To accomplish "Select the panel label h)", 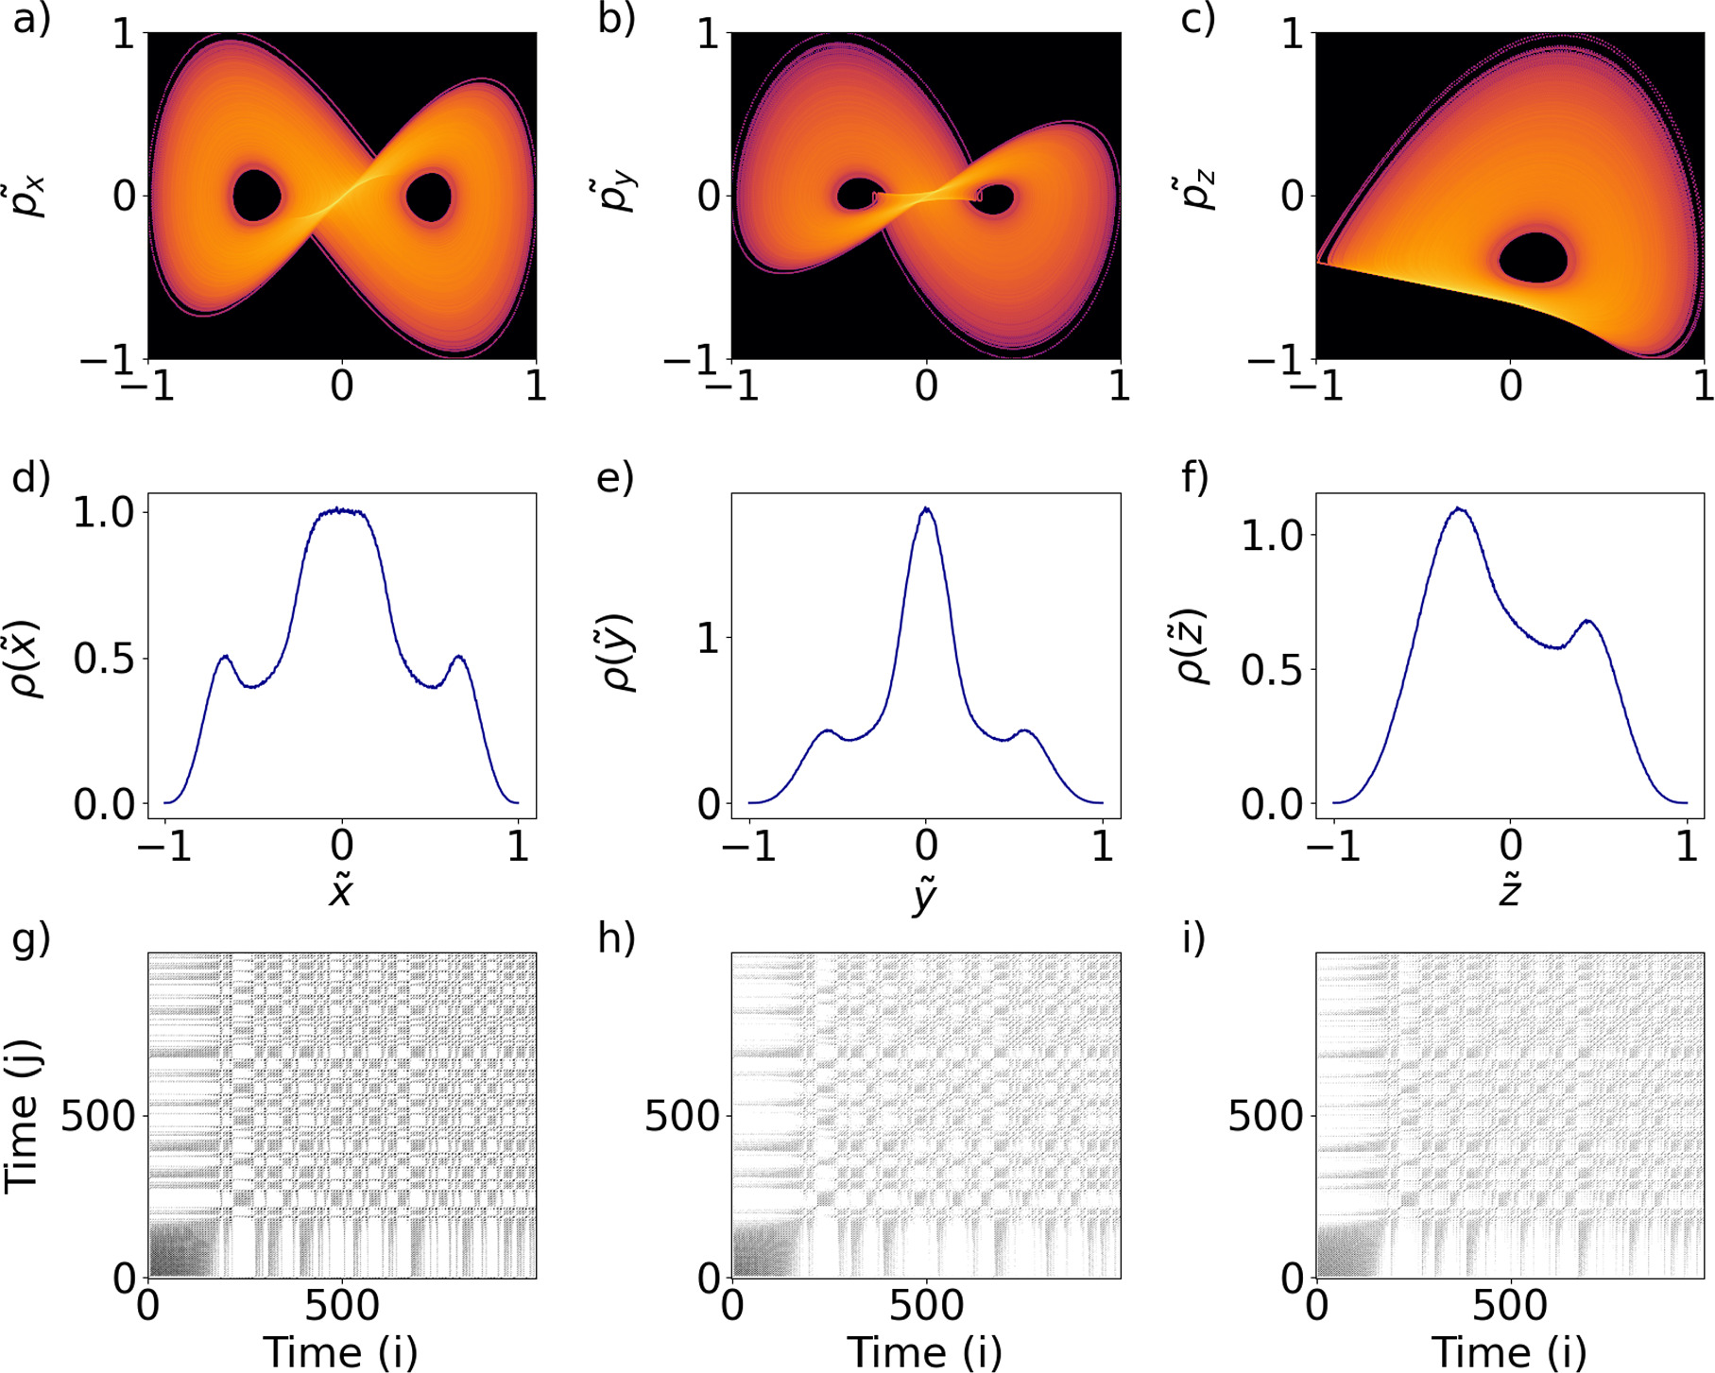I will point(616,938).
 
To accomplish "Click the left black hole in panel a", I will point(256,196).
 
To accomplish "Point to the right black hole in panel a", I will point(430,197).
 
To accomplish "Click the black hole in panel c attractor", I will point(1533,258).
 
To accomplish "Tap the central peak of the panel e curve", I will point(927,510).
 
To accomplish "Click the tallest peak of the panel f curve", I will point(1460,509).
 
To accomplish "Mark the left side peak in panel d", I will point(225,656).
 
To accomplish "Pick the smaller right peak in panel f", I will point(1587,622).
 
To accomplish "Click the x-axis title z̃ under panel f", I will point(1509,890).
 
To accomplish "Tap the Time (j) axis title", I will point(23,1115).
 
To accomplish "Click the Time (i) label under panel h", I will point(924,1351).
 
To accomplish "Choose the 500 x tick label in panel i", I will point(1510,1306).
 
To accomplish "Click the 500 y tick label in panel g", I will point(98,1117).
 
